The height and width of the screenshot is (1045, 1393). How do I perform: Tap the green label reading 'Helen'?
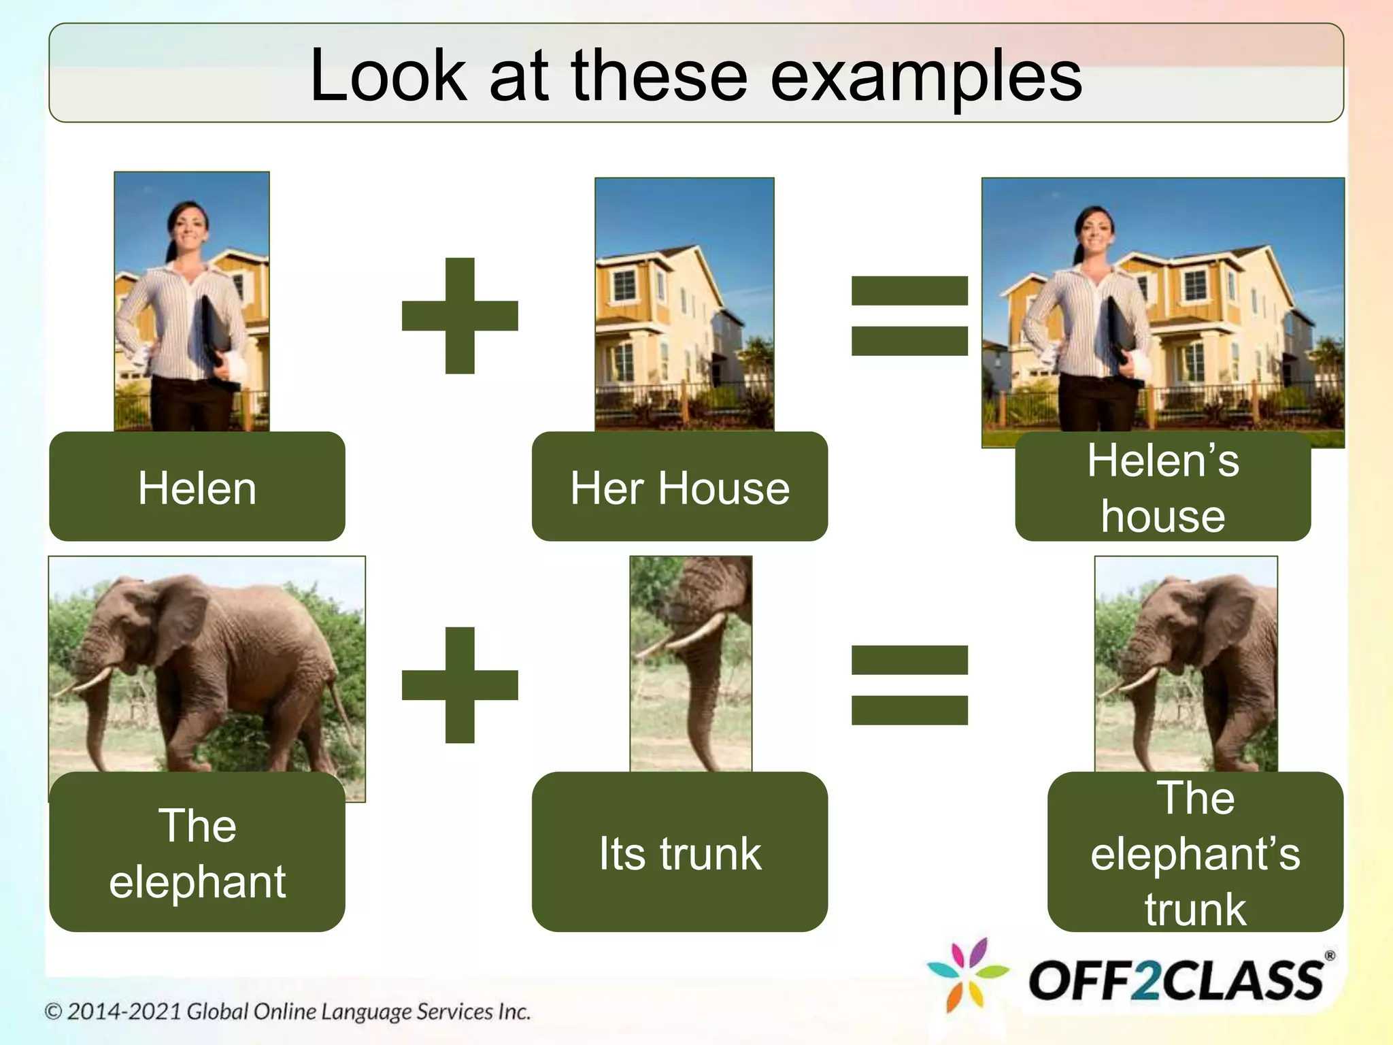pos(197,487)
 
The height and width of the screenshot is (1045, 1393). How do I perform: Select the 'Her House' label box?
pos(679,487)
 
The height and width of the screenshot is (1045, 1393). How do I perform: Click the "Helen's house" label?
pos(1162,487)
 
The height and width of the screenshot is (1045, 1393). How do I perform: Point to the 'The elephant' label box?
pos(197,853)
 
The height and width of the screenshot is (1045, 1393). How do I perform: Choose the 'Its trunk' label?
pos(679,853)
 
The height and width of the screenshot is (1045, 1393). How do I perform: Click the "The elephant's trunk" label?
pos(1195,853)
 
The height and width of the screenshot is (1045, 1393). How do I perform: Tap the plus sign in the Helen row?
pos(460,316)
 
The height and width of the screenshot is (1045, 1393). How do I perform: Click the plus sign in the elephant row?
pos(460,684)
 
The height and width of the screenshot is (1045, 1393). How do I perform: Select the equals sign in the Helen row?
pos(909,316)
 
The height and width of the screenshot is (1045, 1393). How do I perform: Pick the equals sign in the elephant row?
pos(909,684)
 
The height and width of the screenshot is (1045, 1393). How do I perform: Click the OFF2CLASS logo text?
pos(1175,980)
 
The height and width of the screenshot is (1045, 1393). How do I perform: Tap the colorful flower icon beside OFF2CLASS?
pos(967,974)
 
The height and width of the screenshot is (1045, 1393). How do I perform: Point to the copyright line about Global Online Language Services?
pos(287,1012)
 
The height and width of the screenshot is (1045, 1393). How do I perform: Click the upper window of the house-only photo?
pos(624,284)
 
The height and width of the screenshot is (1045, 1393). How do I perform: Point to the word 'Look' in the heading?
pos(388,76)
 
